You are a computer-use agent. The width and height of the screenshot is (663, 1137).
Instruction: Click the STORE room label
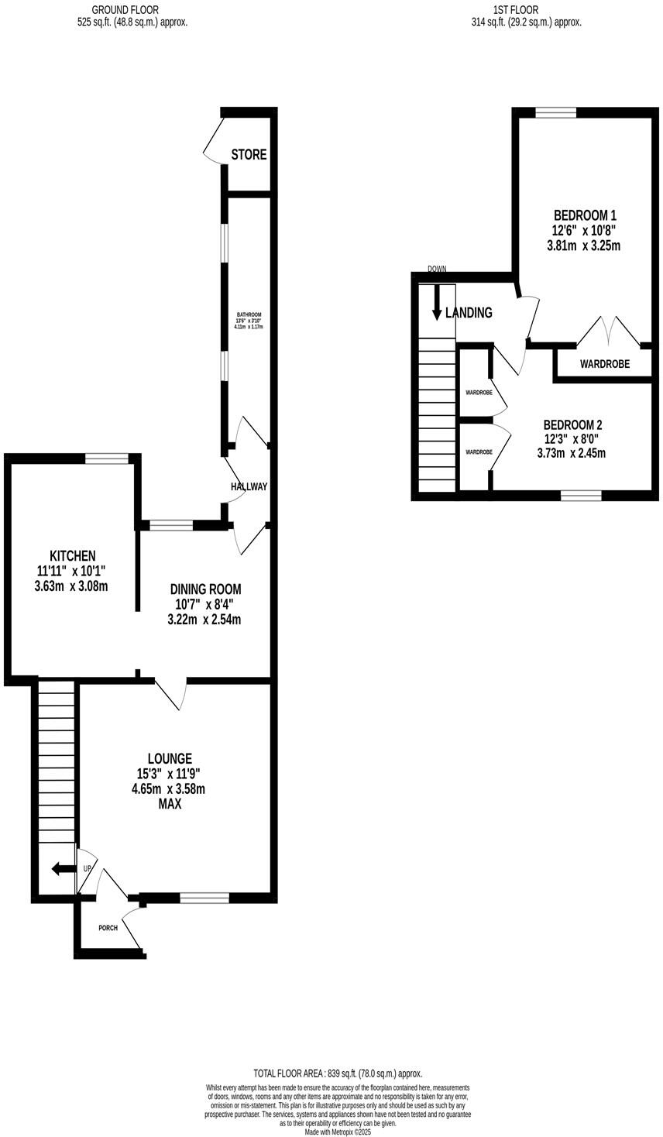click(x=249, y=155)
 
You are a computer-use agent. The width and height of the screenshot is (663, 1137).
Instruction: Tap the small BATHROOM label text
click(x=249, y=314)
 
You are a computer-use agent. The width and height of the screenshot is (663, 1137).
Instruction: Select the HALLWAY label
click(x=249, y=486)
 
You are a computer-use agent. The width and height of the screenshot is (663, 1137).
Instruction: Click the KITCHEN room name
click(x=72, y=555)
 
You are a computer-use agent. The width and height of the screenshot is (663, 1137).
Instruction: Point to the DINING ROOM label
click(x=205, y=588)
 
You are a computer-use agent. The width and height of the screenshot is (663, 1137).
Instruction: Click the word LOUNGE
click(x=170, y=758)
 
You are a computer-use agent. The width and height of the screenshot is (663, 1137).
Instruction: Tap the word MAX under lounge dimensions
click(x=170, y=804)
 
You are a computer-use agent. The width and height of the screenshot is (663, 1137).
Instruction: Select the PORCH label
click(x=108, y=927)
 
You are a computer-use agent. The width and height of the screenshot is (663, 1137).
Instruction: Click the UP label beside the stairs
click(x=87, y=869)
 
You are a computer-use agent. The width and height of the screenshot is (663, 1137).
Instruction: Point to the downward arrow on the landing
click(x=437, y=302)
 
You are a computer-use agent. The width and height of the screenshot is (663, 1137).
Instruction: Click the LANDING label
click(x=469, y=313)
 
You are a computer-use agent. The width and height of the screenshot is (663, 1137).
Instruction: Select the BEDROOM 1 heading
click(x=585, y=215)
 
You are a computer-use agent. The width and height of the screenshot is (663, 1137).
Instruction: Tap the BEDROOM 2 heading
click(x=572, y=424)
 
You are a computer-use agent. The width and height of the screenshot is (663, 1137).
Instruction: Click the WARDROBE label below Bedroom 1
click(x=604, y=363)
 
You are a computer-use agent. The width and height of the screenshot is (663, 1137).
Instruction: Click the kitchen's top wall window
click(x=107, y=459)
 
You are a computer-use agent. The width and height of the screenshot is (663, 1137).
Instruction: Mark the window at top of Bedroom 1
click(x=555, y=113)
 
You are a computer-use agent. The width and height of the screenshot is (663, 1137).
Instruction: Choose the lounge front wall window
click(x=204, y=898)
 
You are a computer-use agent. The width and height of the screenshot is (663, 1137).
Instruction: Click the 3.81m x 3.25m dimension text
click(x=585, y=246)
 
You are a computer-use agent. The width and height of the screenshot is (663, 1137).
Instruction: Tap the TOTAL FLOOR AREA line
click(x=338, y=1073)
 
